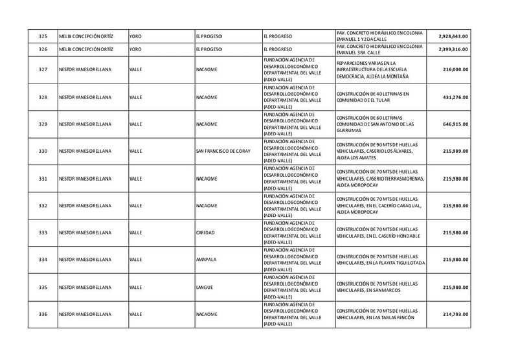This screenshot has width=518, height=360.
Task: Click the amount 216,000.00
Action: click(x=455, y=69)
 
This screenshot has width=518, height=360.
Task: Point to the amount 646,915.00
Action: click(x=455, y=124)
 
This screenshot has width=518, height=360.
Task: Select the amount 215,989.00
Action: click(x=455, y=151)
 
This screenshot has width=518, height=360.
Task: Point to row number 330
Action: click(x=43, y=151)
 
